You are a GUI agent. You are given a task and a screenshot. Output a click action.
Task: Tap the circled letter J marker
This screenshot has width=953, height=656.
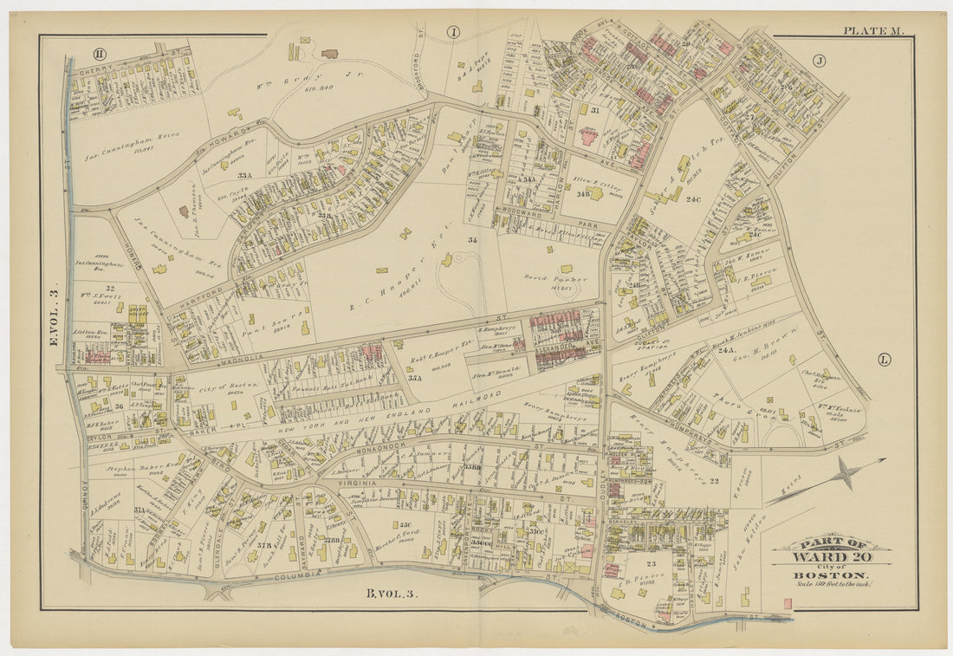pos(818,61)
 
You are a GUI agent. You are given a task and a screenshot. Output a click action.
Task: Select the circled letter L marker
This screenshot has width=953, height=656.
pos(883,359)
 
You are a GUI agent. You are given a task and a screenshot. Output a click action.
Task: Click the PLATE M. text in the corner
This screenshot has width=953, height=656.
pos(873,31)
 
